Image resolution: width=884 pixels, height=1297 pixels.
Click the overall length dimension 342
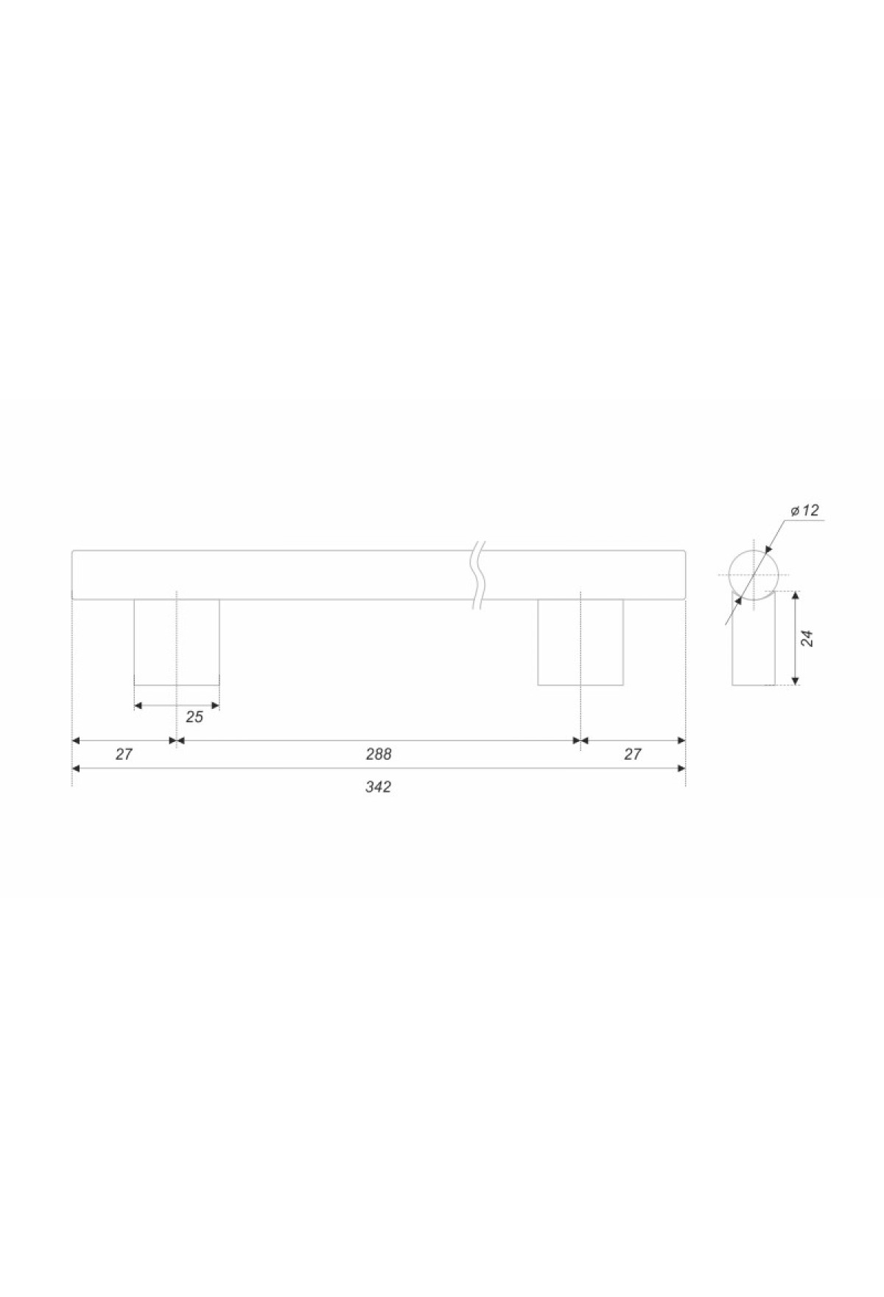coord(378,787)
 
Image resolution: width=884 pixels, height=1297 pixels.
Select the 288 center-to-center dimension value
coord(378,755)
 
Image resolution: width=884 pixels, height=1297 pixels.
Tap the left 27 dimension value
coord(124,755)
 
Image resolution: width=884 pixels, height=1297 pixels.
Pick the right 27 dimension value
coord(633,755)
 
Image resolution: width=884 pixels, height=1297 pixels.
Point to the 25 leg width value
coord(194,717)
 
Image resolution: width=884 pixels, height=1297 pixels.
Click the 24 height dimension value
coord(807,637)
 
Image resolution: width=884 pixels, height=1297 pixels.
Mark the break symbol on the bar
coord(479,576)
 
